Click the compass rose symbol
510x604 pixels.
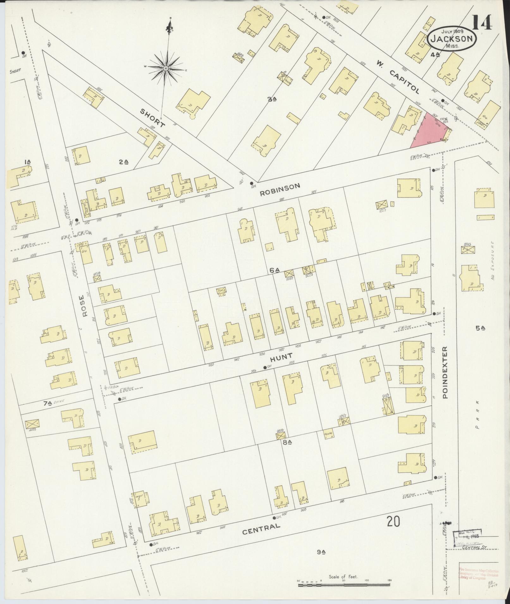click(x=166, y=68)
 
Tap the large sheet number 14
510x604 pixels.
click(x=482, y=22)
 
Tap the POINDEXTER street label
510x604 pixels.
click(x=445, y=372)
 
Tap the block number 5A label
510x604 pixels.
click(x=480, y=328)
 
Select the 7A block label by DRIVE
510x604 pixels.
click(x=47, y=403)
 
